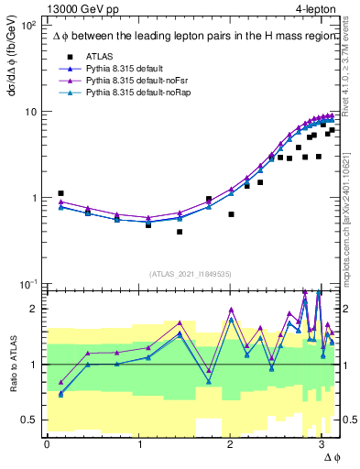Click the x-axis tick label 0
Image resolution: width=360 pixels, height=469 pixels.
(47, 444)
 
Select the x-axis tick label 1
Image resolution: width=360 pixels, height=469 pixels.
(138, 444)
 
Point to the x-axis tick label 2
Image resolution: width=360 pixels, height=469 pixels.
(229, 444)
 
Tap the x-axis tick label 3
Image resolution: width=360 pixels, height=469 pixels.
(321, 444)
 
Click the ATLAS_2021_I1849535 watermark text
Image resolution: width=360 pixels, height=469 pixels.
(190, 274)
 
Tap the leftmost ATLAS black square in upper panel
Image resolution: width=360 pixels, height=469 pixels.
(60, 193)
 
